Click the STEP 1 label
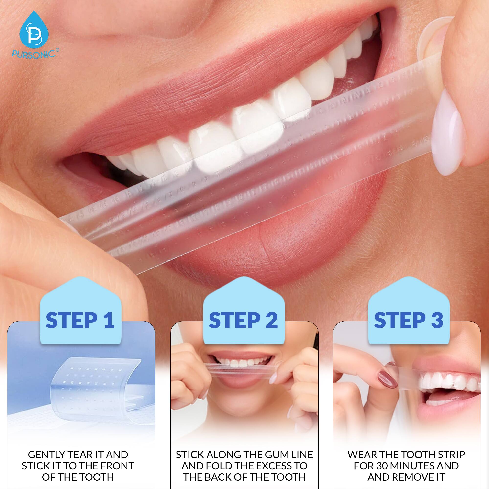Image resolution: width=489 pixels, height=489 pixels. point(80,321)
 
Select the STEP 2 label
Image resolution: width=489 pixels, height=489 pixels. point(243,321)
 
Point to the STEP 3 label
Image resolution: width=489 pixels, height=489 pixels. point(409,321)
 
